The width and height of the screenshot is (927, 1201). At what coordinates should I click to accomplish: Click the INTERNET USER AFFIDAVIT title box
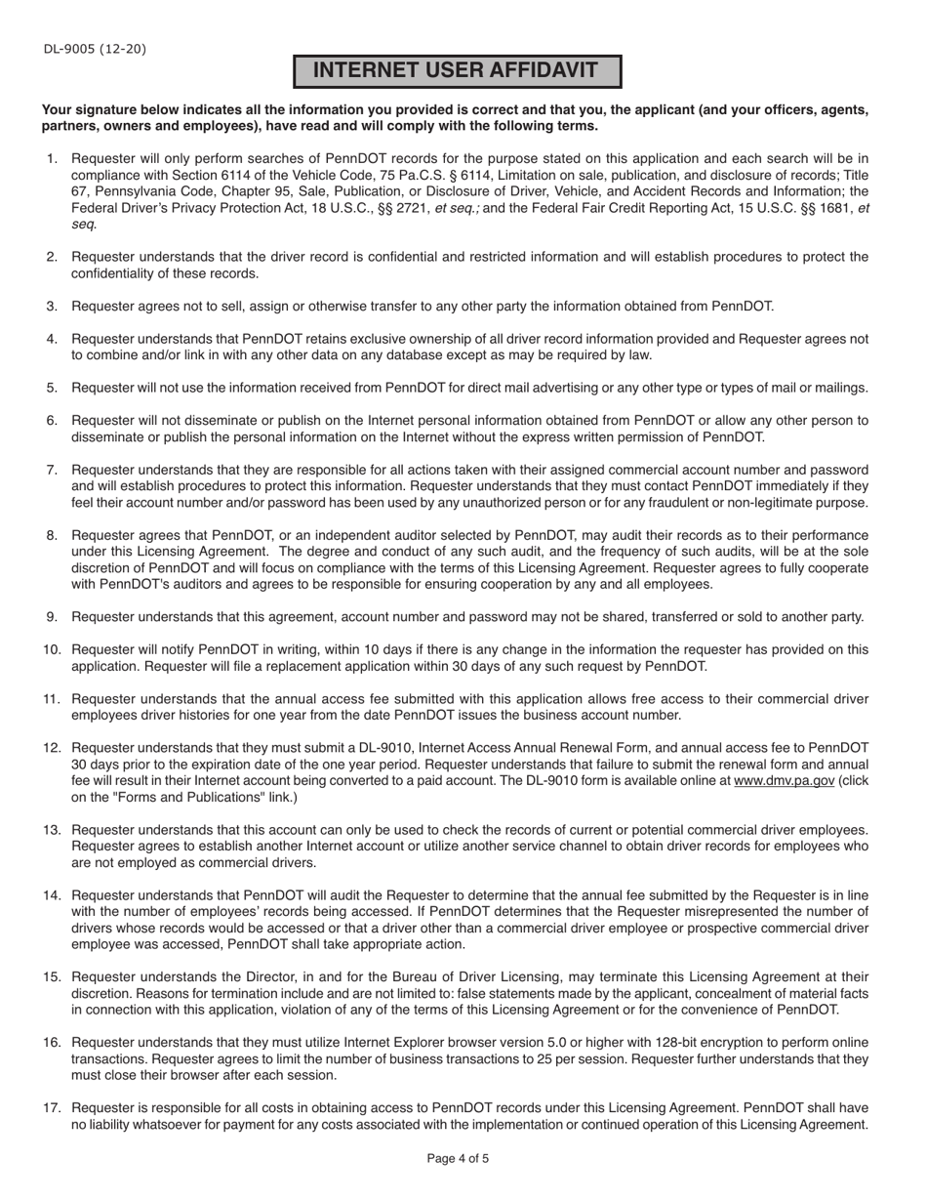tap(458, 71)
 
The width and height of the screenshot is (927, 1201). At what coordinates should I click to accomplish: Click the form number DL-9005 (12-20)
tap(94, 49)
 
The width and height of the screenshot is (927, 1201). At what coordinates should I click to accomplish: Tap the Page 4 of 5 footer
tap(458, 1159)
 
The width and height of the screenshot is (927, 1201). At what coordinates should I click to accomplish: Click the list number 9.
tap(53, 617)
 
